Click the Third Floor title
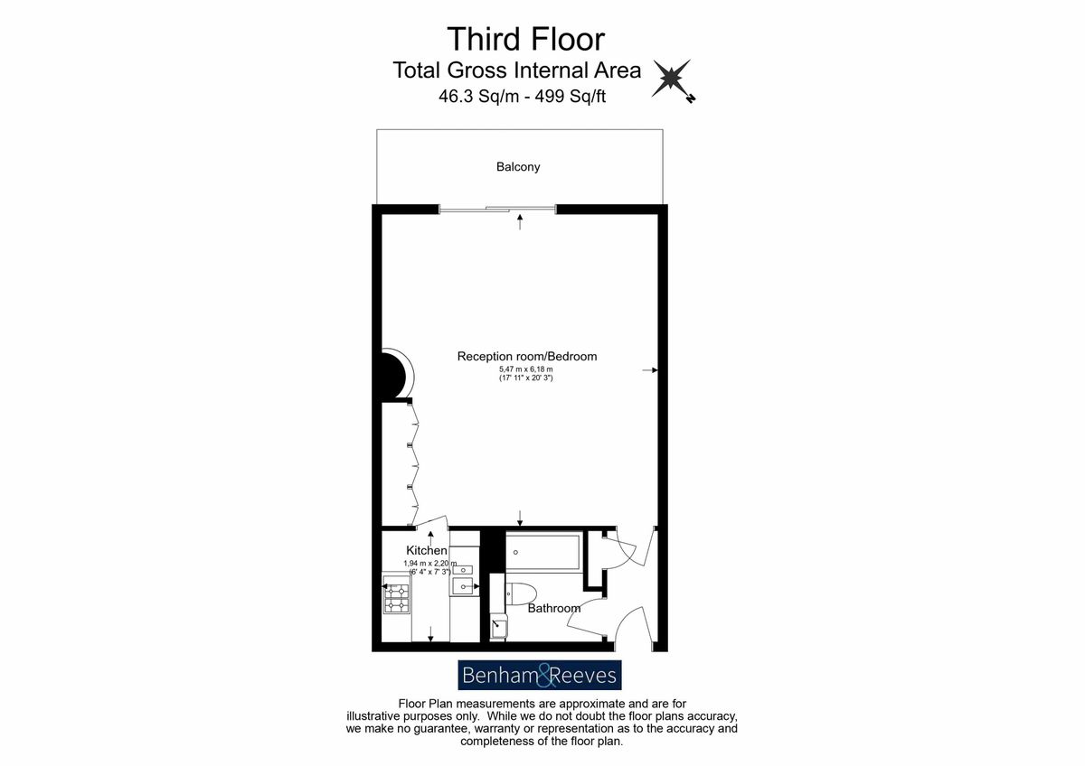point(525,39)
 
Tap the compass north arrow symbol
point(673,79)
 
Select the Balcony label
point(518,167)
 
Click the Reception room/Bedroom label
point(527,356)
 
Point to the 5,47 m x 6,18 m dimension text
point(526,369)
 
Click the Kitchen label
point(426,550)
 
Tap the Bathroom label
point(553,608)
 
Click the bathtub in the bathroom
point(542,552)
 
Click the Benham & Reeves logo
point(540,675)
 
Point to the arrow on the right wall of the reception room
point(650,370)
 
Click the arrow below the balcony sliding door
point(519,221)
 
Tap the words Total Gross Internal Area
point(517,70)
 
